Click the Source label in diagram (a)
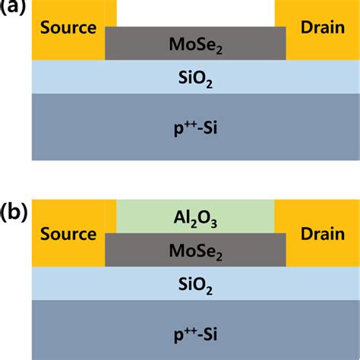[68, 27]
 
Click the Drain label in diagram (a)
[323, 27]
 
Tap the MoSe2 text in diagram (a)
[195, 46]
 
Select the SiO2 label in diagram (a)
[195, 79]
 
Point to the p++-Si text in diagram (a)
[195, 128]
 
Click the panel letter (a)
[13, 7]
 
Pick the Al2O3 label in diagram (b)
[195, 219]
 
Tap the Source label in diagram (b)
[68, 234]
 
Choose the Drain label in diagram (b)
[323, 234]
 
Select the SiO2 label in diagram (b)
[195, 286]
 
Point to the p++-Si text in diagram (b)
[195, 335]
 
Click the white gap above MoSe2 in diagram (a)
[195, 13]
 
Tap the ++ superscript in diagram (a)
[191, 124]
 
